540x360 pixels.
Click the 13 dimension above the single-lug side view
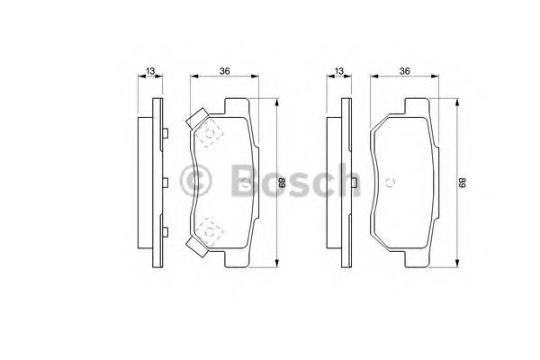(x=339, y=71)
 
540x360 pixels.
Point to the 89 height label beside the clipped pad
(x=282, y=183)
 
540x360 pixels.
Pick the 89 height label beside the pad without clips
(x=464, y=183)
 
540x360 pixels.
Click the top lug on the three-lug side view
(x=166, y=134)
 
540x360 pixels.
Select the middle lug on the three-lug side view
(x=166, y=183)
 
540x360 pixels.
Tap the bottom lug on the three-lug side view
(x=166, y=232)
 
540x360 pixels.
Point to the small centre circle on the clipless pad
(x=391, y=183)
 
